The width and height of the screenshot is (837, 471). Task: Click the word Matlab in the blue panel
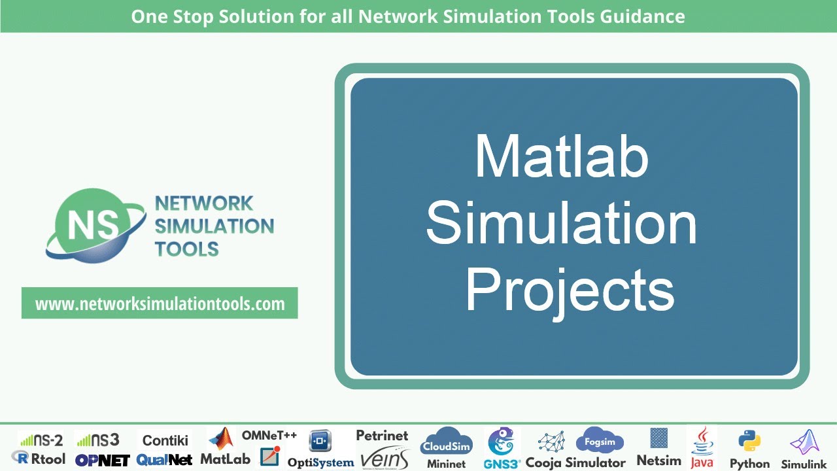coord(561,157)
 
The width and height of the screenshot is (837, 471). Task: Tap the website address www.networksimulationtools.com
coord(160,304)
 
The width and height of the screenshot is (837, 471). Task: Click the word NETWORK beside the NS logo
coord(203,203)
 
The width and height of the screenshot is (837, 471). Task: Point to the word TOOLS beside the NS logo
coord(186,249)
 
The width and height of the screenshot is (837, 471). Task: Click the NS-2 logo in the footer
coord(41,440)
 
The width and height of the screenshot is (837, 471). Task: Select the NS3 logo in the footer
coord(98,440)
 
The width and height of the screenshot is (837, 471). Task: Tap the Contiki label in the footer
coord(165,440)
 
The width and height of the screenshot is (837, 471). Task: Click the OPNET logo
coord(102,460)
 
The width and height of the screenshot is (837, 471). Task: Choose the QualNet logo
coord(165,460)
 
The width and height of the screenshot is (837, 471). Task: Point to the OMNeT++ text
coord(269,435)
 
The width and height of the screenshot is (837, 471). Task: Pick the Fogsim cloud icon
coord(600,441)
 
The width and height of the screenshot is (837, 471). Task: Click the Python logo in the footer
coord(749,442)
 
